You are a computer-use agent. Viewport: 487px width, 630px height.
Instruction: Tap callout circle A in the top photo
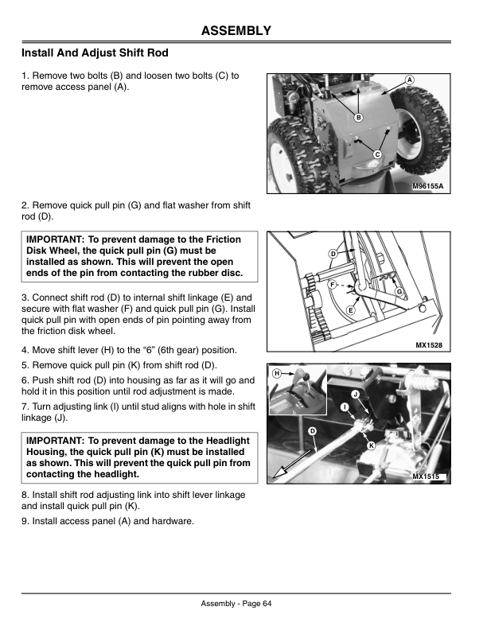pyautogui.click(x=409, y=80)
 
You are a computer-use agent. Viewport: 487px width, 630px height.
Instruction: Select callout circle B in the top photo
pyautogui.click(x=358, y=118)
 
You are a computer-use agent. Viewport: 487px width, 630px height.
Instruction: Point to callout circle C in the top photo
pyautogui.click(x=377, y=154)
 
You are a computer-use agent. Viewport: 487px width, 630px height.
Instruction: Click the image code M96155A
pyautogui.click(x=427, y=185)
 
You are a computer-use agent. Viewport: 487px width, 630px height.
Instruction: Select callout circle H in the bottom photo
pyautogui.click(x=276, y=372)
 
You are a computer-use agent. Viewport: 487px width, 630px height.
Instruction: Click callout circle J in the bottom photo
pyautogui.click(x=355, y=395)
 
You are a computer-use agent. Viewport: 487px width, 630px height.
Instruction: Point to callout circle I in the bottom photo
pyautogui.click(x=344, y=408)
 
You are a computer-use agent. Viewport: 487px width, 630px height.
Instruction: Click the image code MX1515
pyautogui.click(x=427, y=476)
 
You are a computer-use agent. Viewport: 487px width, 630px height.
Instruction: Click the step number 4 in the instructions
pyautogui.click(x=25, y=350)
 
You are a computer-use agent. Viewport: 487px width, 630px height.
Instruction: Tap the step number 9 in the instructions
pyautogui.click(x=25, y=521)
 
